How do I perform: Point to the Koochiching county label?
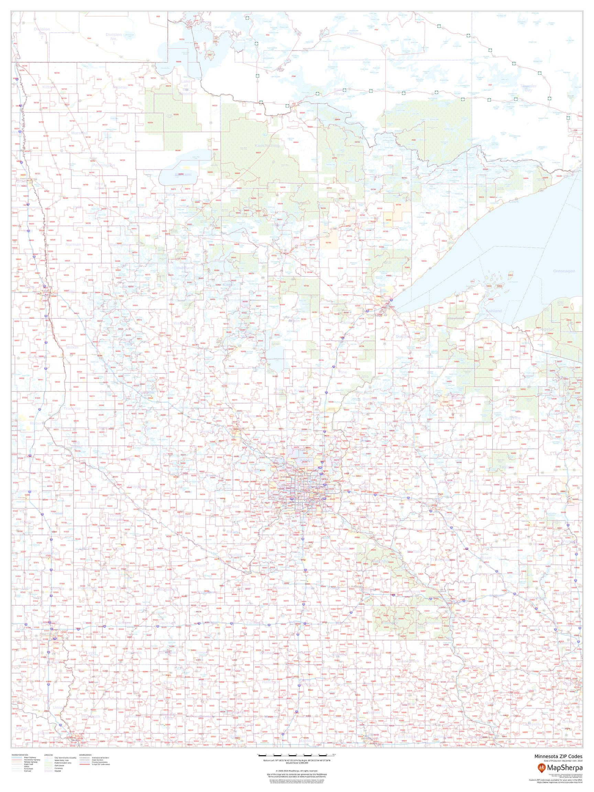(x=267, y=146)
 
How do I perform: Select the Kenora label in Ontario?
(x=354, y=34)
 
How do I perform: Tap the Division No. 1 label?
(x=113, y=38)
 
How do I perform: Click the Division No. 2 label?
(x=42, y=33)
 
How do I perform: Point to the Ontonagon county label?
(x=564, y=271)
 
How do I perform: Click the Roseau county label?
(x=120, y=87)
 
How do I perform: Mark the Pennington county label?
(x=103, y=165)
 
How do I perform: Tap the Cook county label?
(x=514, y=201)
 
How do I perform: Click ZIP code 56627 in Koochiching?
(x=258, y=153)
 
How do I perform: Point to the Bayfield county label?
(x=455, y=318)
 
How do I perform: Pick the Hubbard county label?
(x=185, y=267)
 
